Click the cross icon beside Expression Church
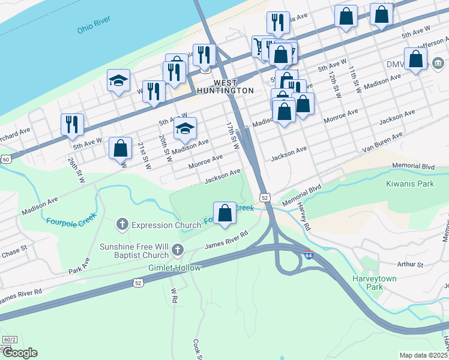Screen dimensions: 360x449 pyautogui.click(x=122, y=225)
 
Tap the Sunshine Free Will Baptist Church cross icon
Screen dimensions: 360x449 pyautogui.click(x=176, y=248)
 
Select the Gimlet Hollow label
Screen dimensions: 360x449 pyautogui.click(x=175, y=268)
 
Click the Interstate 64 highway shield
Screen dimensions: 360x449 pyautogui.click(x=309, y=255)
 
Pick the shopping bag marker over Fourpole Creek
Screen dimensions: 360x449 pyautogui.click(x=224, y=213)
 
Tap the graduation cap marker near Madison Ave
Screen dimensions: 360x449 pyautogui.click(x=185, y=128)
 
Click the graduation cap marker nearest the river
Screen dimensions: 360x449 pyautogui.click(x=118, y=80)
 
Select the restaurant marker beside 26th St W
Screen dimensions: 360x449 pyautogui.click(x=72, y=124)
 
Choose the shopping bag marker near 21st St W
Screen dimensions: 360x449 pyautogui.click(x=121, y=148)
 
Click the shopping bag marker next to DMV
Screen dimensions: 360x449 pyautogui.click(x=415, y=59)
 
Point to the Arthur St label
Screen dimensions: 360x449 pyautogui.click(x=411, y=264)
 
